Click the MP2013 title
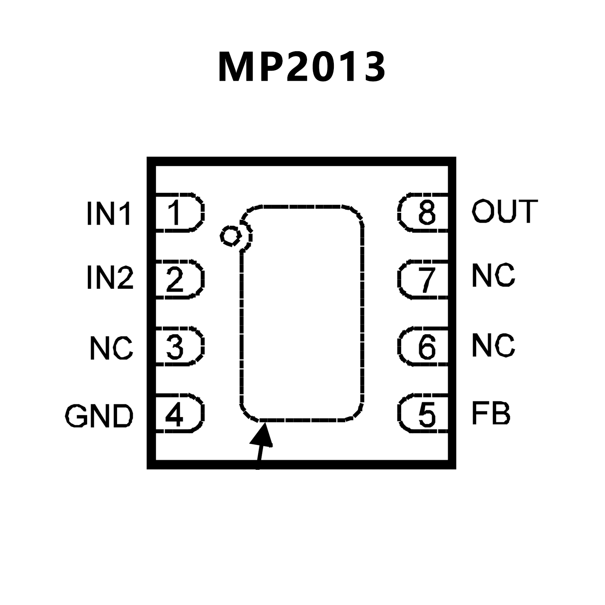click(x=302, y=67)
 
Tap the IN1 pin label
click(x=109, y=213)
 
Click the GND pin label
click(x=99, y=416)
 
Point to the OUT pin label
click(x=505, y=211)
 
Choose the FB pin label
click(x=491, y=414)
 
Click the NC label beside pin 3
click(x=112, y=348)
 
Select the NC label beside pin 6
click(x=493, y=346)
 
